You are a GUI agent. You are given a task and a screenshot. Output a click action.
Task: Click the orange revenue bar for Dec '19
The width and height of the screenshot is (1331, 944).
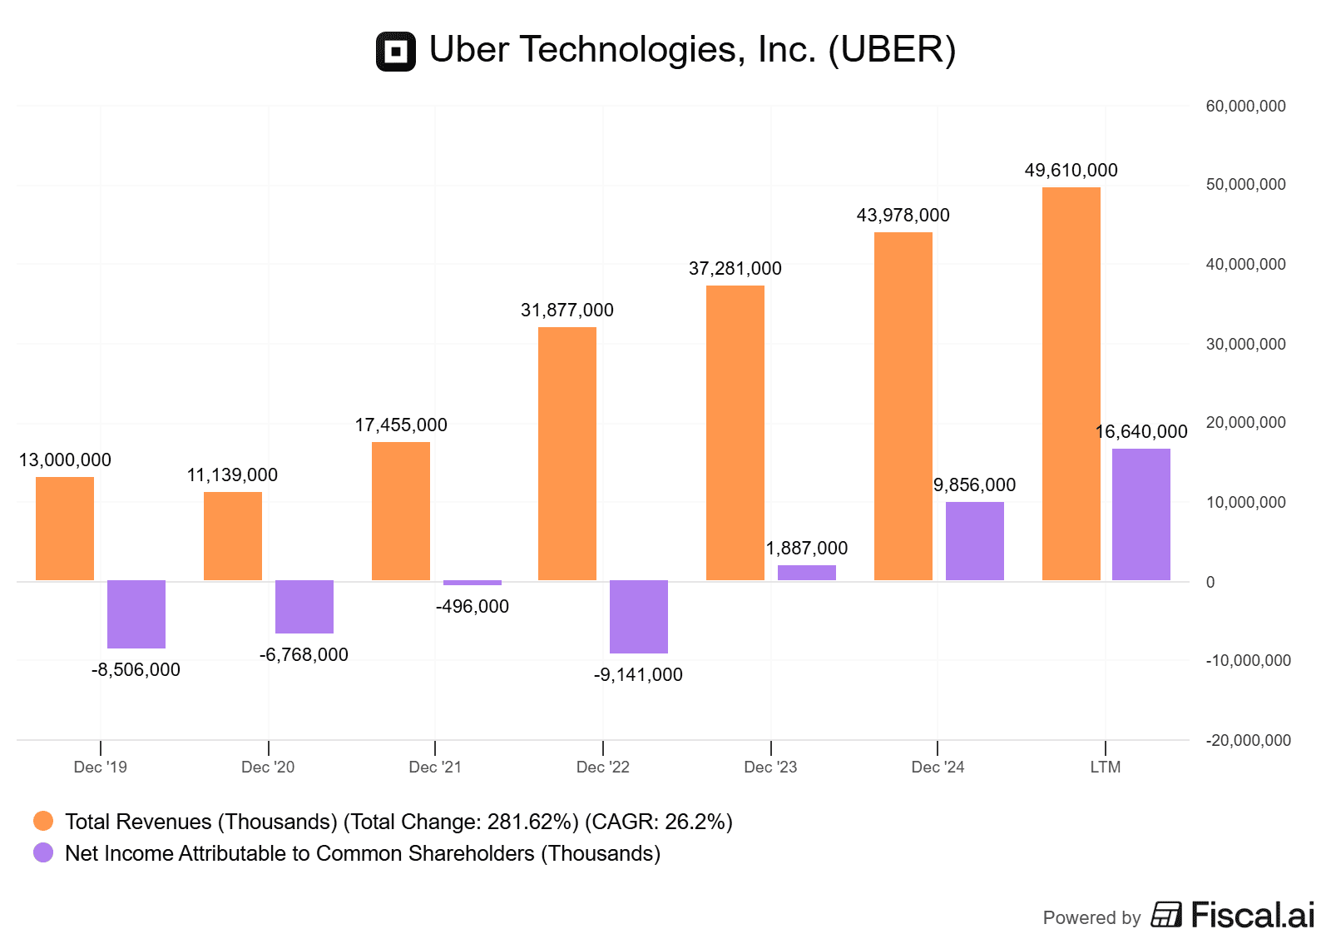pos(65,529)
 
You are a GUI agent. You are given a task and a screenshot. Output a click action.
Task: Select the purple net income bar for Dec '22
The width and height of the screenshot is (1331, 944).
pos(638,617)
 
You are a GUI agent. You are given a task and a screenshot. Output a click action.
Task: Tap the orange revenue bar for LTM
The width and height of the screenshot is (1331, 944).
pos(1071,384)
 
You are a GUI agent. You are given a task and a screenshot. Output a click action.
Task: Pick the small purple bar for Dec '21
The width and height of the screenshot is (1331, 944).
pos(472,583)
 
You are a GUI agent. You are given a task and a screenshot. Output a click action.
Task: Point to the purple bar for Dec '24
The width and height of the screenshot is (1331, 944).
pos(974,541)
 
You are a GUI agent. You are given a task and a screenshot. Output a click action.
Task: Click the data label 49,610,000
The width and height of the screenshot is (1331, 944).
pos(1071,171)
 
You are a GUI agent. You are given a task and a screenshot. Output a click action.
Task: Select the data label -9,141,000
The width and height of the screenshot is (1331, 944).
pos(638,675)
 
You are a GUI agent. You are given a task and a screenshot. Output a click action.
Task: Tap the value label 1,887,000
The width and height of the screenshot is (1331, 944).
pos(806,549)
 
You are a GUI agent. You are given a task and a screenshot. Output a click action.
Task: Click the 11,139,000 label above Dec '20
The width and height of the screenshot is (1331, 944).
pos(232,475)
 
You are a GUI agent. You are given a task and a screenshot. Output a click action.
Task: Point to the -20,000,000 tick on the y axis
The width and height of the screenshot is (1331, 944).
pos(1248,740)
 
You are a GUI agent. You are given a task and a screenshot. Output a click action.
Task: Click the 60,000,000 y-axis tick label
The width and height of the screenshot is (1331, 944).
pos(1245,107)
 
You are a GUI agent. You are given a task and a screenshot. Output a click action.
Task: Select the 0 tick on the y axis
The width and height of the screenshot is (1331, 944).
pos(1210,582)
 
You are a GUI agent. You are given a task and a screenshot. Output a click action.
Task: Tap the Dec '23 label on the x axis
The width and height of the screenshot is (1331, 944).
pos(770,767)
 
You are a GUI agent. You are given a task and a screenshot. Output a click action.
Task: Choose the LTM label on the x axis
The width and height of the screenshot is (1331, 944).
pos(1106,767)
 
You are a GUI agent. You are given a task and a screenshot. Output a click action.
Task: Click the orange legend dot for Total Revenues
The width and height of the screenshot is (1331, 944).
pos(43,822)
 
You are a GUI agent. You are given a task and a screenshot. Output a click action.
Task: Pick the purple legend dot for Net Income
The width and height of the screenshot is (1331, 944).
pos(43,853)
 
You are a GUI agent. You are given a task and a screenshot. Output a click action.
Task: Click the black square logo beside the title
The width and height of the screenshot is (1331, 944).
pos(396,52)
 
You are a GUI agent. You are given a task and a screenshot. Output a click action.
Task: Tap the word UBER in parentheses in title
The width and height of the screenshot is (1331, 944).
pos(892,50)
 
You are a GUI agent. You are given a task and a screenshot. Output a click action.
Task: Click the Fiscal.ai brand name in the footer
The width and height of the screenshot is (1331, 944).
pos(1252,915)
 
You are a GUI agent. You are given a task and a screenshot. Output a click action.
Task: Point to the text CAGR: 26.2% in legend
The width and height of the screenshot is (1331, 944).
pos(658,822)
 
